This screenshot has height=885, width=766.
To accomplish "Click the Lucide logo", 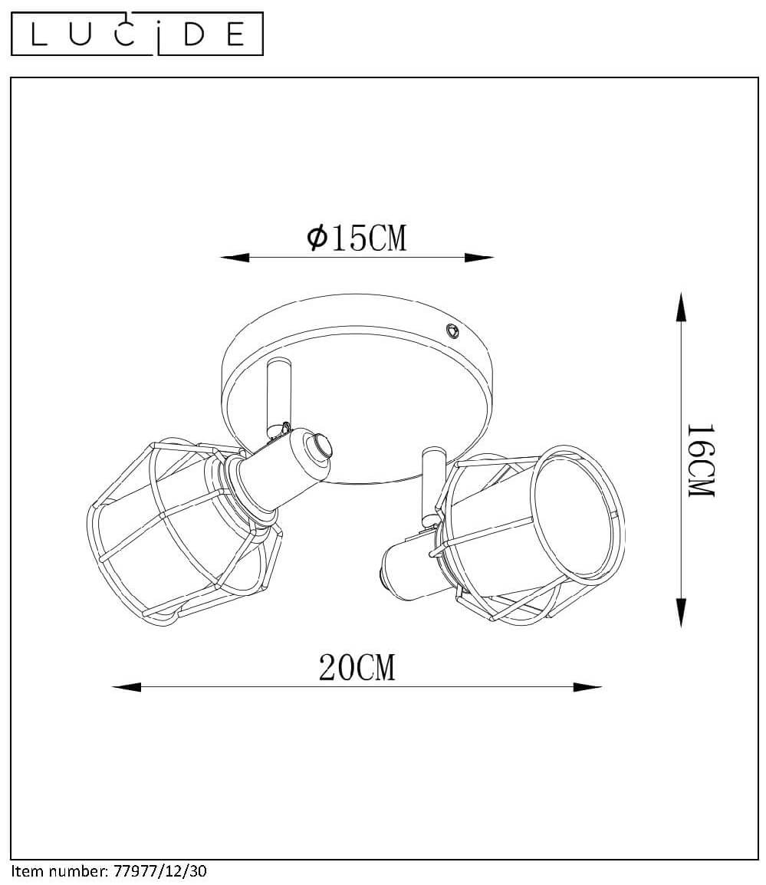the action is tap(137, 34).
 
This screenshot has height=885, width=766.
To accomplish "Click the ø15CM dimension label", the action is tap(357, 238).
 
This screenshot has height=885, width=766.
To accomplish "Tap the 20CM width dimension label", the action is tap(357, 668).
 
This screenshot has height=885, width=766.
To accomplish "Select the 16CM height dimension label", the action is tap(701, 460).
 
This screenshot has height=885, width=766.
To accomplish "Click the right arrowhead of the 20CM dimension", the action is tap(587, 687).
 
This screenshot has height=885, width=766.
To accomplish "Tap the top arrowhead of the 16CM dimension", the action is tap(682, 307).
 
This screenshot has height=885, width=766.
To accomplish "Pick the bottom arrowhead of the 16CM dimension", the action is tap(682, 613).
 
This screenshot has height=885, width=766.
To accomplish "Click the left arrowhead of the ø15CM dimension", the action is tap(235, 258).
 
